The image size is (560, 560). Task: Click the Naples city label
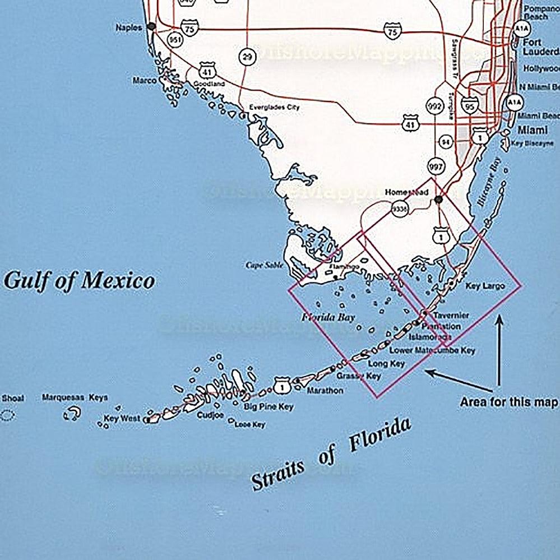[x=129, y=27]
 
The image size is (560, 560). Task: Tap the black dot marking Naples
[x=151, y=26]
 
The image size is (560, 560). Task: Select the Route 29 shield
[x=246, y=56]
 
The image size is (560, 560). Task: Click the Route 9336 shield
[x=399, y=210]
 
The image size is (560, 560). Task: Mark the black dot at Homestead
[x=439, y=199]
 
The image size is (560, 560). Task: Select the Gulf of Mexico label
[x=79, y=280]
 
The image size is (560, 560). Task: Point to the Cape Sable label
[x=262, y=265]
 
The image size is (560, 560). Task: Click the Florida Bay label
[x=328, y=318]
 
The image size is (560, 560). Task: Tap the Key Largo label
[x=485, y=286]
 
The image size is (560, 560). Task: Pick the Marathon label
[x=325, y=390]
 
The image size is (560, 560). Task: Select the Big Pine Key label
[x=269, y=406]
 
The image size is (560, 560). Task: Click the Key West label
[x=122, y=418]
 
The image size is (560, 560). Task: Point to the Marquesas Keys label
[x=75, y=397]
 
